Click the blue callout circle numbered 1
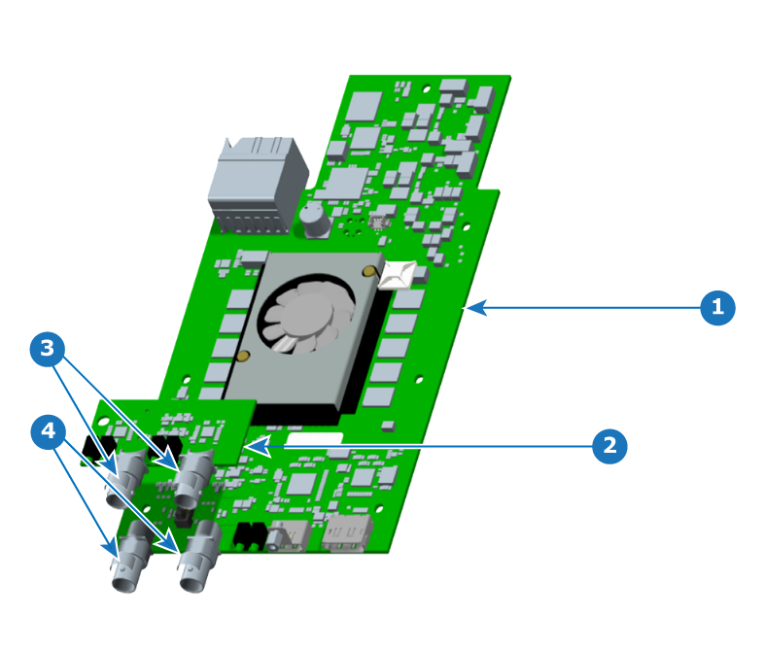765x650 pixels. coord(717,307)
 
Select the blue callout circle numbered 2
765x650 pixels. coord(609,446)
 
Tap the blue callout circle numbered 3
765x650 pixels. coord(48,349)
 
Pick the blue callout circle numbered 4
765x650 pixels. coord(48,431)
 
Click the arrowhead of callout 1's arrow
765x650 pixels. coord(475,308)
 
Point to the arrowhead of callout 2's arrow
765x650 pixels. coord(257,447)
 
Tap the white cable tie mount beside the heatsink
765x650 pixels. coord(398,275)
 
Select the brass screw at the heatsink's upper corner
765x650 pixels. coord(369,271)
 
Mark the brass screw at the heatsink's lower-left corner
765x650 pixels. coord(243,356)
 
